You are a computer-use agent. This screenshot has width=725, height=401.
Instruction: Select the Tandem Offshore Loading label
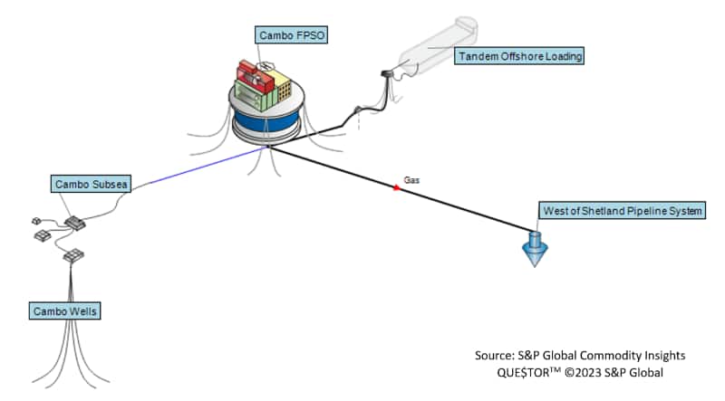(x=519, y=57)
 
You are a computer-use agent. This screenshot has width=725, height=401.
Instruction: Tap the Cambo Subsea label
(x=92, y=185)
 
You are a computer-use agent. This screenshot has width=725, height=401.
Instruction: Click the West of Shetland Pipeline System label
(x=622, y=211)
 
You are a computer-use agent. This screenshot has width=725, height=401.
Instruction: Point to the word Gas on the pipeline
(x=411, y=180)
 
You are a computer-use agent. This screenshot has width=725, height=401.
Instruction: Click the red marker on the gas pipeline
(x=396, y=187)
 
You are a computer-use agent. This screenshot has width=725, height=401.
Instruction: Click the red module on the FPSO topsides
(x=250, y=72)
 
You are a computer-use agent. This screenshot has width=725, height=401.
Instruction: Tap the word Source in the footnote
(x=494, y=355)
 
